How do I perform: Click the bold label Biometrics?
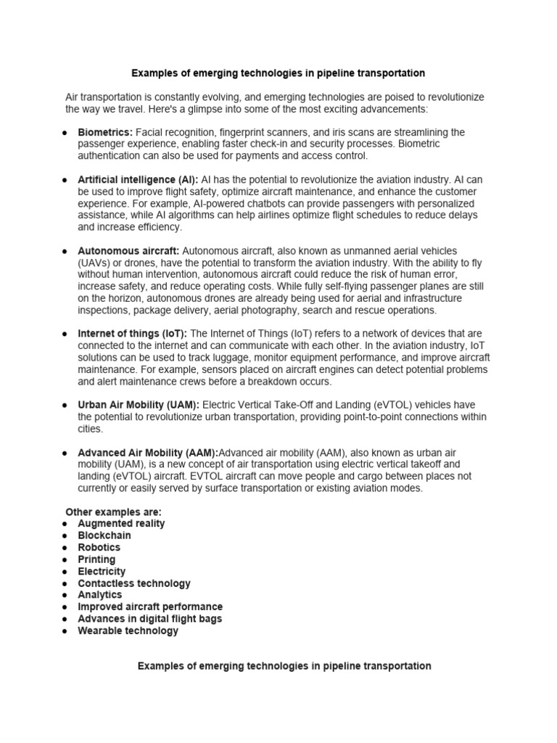105,132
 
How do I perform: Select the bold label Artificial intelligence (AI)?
138,179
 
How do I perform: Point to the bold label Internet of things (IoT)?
132,333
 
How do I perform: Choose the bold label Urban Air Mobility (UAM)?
139,404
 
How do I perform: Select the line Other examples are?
114,512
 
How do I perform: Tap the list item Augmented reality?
121,523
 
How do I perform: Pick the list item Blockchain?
104,535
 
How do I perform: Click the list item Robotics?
99,547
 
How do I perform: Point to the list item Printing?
96,559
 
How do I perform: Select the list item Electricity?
102,571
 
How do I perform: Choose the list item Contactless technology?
134,583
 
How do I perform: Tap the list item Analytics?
100,594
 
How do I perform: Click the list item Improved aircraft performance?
150,607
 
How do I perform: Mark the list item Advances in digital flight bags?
150,619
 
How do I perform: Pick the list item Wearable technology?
128,631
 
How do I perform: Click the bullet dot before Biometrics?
65,133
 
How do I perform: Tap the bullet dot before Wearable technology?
65,631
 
